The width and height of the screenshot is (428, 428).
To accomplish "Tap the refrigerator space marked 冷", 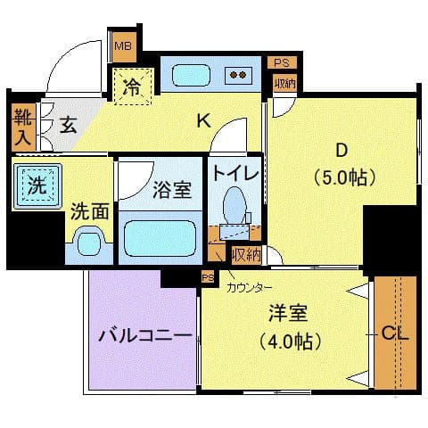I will (x=133, y=87).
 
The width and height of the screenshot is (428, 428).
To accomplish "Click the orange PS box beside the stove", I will (x=281, y=62).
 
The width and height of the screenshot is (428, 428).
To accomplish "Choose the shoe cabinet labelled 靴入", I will (x=22, y=126).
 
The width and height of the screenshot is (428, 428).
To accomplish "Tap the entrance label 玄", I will (x=68, y=124).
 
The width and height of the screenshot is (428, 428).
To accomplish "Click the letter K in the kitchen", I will (x=203, y=122).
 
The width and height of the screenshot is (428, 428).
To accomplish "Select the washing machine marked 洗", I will (x=36, y=186).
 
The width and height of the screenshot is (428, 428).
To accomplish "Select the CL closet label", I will (x=394, y=334).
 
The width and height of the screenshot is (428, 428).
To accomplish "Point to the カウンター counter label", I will (x=250, y=287).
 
